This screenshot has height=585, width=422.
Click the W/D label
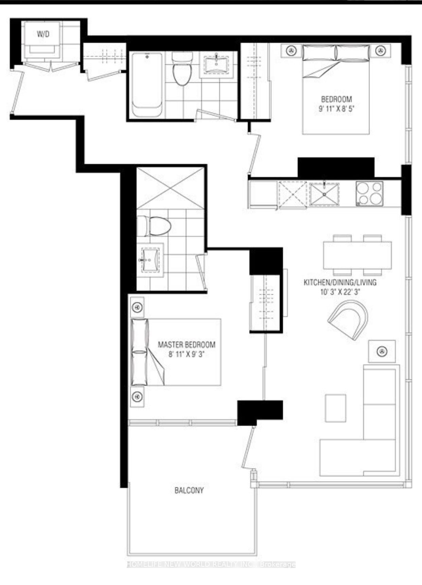[x=43, y=34]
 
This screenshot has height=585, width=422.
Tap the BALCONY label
[x=189, y=490]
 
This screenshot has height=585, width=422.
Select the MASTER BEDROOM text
[x=187, y=344]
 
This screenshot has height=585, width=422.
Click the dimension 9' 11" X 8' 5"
[x=336, y=109]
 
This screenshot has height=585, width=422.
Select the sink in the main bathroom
[x=216, y=64]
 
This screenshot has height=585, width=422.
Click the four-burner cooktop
[x=369, y=194]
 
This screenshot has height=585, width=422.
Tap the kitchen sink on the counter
[x=324, y=194]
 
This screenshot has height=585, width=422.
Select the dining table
[x=357, y=255]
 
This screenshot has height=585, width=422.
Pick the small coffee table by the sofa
[x=336, y=408]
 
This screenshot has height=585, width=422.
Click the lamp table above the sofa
[x=382, y=351]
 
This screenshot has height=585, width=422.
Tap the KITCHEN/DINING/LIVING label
[x=340, y=282]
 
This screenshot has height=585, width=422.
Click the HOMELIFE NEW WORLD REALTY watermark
[x=211, y=564]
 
